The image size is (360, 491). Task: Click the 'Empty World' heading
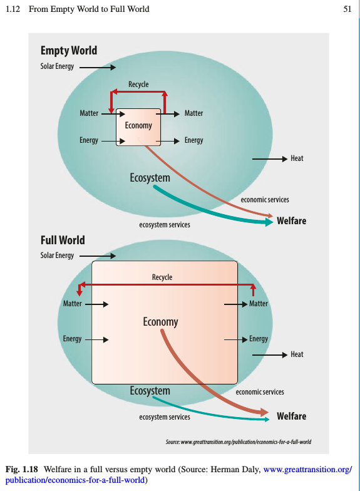tap(69, 51)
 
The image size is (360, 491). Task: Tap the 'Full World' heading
tap(63, 240)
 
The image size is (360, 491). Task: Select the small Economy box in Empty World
tap(138, 127)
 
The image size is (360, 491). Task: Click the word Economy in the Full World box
tap(160, 322)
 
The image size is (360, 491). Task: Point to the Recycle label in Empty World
tap(138, 84)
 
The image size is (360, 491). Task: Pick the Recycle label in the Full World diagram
tap(162, 277)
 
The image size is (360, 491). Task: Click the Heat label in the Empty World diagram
tap(297, 158)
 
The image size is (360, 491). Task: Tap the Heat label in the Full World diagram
tap(297, 354)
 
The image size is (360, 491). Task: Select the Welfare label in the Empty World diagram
tap(292, 220)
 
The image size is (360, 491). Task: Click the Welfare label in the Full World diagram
tap(292, 416)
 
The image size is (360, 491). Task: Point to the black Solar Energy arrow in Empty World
tap(98, 67)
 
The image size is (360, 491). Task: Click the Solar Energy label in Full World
tap(57, 256)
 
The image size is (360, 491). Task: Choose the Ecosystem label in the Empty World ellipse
tap(150, 178)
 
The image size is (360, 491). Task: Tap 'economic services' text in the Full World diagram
tap(260, 392)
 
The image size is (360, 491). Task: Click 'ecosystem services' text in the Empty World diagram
tap(165, 224)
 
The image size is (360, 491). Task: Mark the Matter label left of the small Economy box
tap(89, 113)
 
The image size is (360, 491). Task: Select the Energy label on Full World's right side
tap(259, 339)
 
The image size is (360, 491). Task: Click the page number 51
tap(347, 9)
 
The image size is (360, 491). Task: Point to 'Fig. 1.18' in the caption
tap(21, 470)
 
